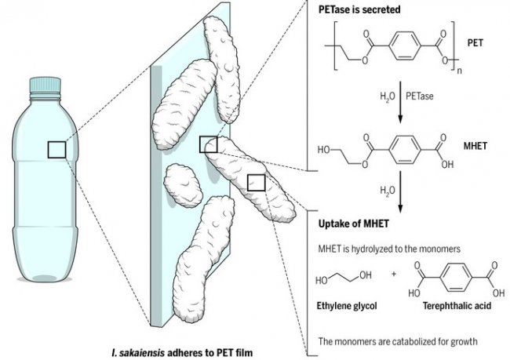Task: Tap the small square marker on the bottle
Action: point(56,149)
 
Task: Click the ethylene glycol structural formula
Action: point(342,278)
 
